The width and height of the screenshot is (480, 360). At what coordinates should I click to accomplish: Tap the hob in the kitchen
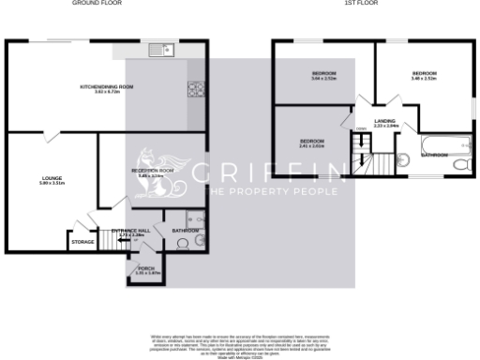tap(196, 90)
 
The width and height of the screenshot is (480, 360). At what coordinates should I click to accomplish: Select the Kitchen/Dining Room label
tap(107, 88)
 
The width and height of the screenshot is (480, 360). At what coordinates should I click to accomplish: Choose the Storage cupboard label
tap(82, 242)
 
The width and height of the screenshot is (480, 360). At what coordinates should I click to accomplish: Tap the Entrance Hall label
tap(131, 232)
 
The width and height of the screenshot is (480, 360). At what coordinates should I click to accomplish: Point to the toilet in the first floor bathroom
tap(460, 164)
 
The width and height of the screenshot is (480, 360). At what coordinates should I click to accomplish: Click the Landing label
tap(384, 123)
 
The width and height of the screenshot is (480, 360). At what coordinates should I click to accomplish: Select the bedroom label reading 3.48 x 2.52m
tap(424, 75)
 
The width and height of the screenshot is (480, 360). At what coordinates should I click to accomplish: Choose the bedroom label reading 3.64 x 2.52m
tap(323, 76)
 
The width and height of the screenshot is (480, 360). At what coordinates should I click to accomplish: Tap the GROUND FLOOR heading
tap(97, 4)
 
